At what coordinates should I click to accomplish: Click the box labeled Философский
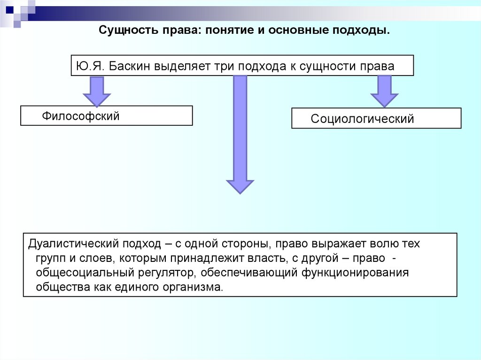(107, 115)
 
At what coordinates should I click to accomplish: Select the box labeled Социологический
(376, 118)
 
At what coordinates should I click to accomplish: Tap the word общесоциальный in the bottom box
(83, 273)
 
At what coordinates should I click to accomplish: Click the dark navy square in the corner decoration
(9, 8)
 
